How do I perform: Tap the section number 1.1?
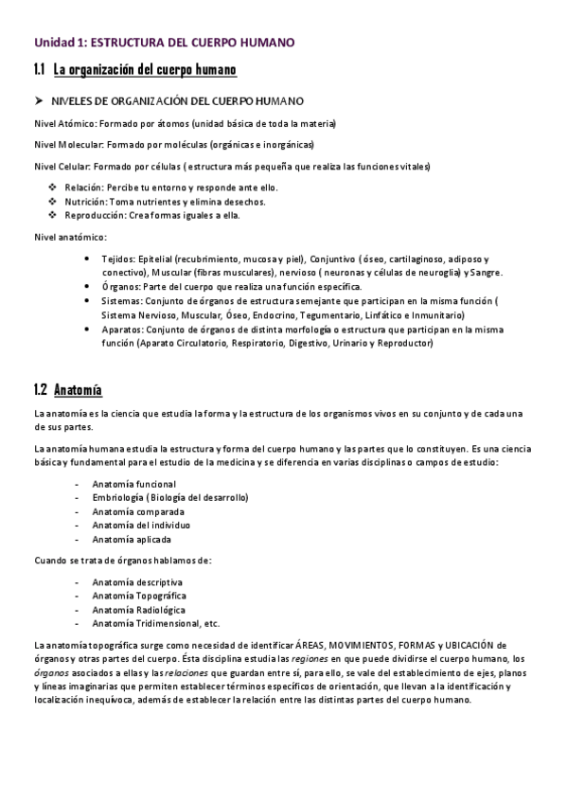40,70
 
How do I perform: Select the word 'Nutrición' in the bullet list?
85,201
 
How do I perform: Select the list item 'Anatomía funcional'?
133,484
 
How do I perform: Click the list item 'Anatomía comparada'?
138,511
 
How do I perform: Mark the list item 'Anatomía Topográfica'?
139,596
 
